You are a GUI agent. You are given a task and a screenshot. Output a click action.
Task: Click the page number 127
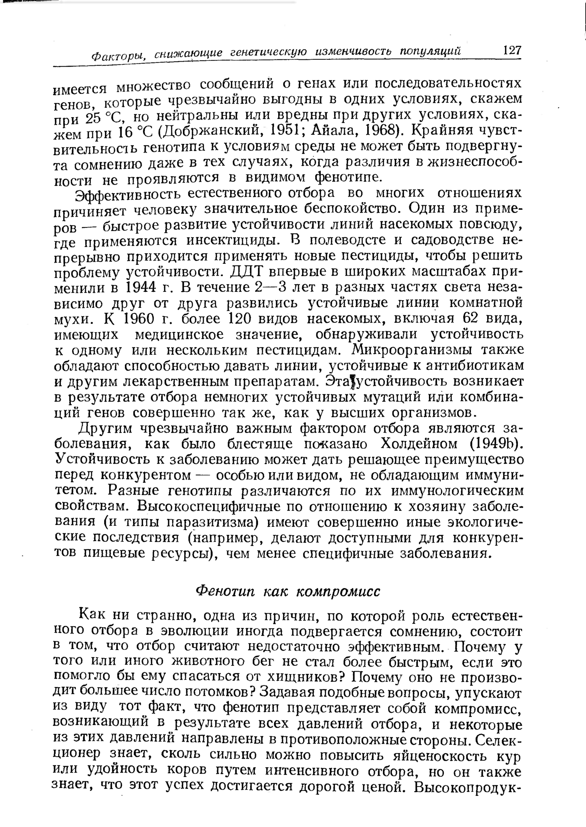tap(507, 51)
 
